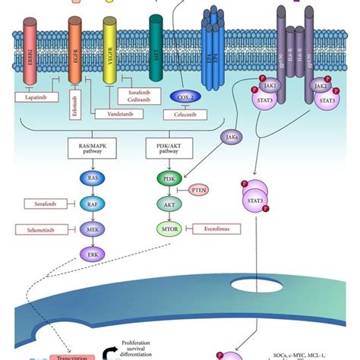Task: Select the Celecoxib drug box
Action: [183, 114]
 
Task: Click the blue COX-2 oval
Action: [184, 97]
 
